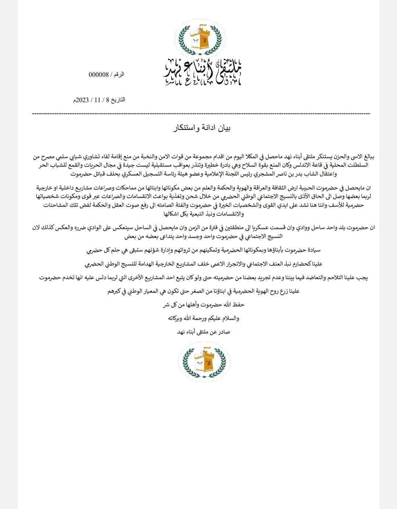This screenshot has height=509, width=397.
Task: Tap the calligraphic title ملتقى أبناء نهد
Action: [203, 71]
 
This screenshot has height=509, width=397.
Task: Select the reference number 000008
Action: [99, 75]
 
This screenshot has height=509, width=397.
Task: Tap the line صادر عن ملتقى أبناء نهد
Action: [203, 331]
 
